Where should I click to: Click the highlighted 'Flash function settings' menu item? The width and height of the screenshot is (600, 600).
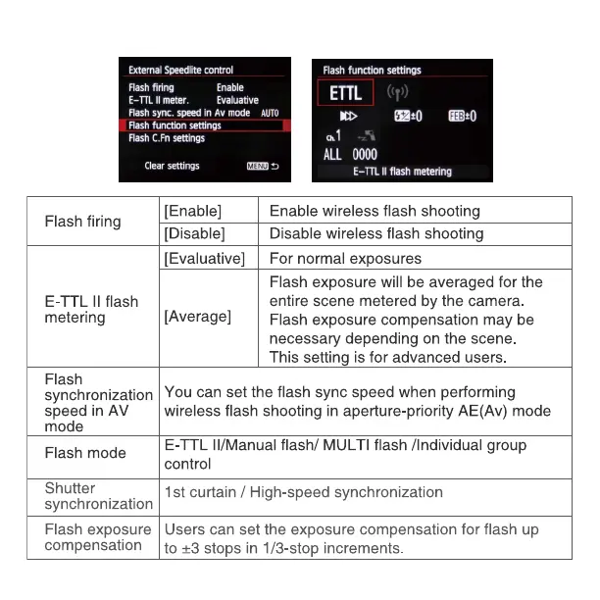(175, 125)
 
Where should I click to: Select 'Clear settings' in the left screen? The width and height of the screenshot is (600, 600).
(172, 166)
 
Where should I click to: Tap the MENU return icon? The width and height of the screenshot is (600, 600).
(263, 167)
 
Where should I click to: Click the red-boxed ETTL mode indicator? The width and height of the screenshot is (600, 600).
(345, 94)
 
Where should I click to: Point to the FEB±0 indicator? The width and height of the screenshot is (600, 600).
(463, 116)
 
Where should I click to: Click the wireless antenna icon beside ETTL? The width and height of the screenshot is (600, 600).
(397, 93)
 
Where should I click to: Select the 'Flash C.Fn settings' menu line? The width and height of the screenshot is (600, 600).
(167, 138)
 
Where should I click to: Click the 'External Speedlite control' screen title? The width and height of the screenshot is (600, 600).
(181, 71)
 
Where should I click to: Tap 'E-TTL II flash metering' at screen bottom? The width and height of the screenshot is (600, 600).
(402, 172)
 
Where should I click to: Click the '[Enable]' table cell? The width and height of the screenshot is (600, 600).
(193, 211)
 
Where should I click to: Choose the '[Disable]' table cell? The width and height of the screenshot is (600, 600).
(195, 233)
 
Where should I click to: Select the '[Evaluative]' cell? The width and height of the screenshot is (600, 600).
(204, 259)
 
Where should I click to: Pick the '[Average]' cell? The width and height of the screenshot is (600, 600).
(198, 317)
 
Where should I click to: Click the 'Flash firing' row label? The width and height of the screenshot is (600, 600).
(83, 222)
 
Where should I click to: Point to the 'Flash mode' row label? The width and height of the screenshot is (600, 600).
(85, 453)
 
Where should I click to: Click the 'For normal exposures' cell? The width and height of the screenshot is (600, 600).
(345, 259)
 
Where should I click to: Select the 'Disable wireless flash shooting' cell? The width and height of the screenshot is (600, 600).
(376, 233)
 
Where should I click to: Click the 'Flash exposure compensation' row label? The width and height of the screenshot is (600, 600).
(98, 537)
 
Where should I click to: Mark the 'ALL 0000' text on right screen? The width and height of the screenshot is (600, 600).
(350, 154)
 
